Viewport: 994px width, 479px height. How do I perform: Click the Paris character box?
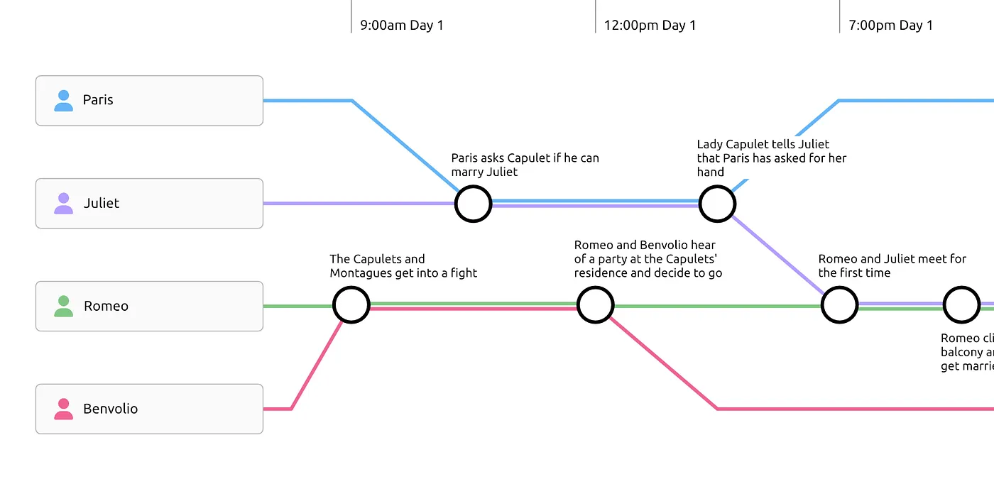coord(149,101)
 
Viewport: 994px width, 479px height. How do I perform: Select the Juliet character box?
coord(149,204)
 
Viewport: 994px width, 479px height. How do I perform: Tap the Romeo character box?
coord(149,306)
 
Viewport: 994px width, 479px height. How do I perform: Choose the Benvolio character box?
coord(149,409)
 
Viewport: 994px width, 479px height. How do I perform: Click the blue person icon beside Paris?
coord(64,101)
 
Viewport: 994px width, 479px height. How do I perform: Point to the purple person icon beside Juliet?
coord(64,204)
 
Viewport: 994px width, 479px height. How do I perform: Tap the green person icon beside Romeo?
coord(64,307)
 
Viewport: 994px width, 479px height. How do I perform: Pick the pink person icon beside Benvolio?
coord(64,409)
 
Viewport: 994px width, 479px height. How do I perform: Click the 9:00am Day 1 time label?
coord(401,26)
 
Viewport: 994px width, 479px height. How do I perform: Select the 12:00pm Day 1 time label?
coord(650,26)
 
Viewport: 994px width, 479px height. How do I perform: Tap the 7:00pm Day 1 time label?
coord(890,26)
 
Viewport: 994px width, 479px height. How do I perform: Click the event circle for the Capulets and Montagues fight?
coord(351,305)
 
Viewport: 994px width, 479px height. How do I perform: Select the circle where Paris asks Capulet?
coord(473,204)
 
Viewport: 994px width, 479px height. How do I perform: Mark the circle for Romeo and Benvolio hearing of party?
coord(595,305)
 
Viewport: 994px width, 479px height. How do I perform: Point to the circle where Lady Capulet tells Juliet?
coord(717,204)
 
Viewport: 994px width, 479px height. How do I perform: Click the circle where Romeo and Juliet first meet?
coord(839,305)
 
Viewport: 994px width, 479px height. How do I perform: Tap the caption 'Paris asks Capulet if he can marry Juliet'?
coord(525,165)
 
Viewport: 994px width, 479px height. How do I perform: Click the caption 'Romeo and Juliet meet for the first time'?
coord(892,266)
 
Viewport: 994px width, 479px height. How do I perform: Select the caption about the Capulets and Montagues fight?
coord(403,266)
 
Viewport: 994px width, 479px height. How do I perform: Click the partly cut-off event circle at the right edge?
coord(961,305)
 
